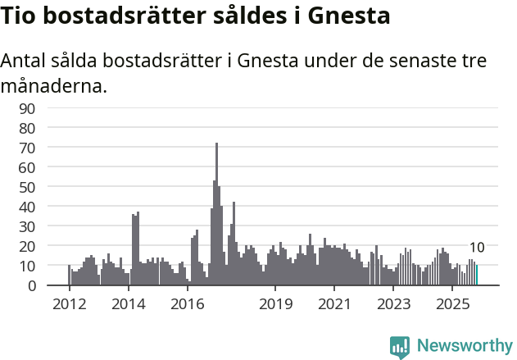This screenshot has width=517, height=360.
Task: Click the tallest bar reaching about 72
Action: coord(216,215)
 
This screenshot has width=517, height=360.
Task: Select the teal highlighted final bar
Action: coord(476,276)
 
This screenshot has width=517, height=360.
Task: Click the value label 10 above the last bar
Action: coord(477,248)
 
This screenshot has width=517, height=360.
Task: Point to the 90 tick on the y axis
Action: coord(27,108)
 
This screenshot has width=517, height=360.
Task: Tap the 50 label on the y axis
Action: coord(27,187)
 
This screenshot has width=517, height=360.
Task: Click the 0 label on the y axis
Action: coord(31,285)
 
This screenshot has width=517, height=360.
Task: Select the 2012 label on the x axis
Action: coord(69,304)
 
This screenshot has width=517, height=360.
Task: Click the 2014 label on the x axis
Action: coord(128,304)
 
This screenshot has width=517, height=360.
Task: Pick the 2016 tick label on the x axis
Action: coord(187,304)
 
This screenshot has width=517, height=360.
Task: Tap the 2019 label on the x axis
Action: coord(275,304)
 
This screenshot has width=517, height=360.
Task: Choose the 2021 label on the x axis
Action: coord(334,304)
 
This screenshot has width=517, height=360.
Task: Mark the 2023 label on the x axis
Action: coord(393,304)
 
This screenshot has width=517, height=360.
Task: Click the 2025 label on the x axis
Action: coord(452,304)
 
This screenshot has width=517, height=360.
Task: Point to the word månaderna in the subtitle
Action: coord(53,84)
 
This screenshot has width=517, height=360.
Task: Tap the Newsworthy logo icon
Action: coord(400,346)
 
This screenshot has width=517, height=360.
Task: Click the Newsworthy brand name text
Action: coord(464,346)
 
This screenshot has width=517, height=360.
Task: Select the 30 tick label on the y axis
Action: coord(27,226)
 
